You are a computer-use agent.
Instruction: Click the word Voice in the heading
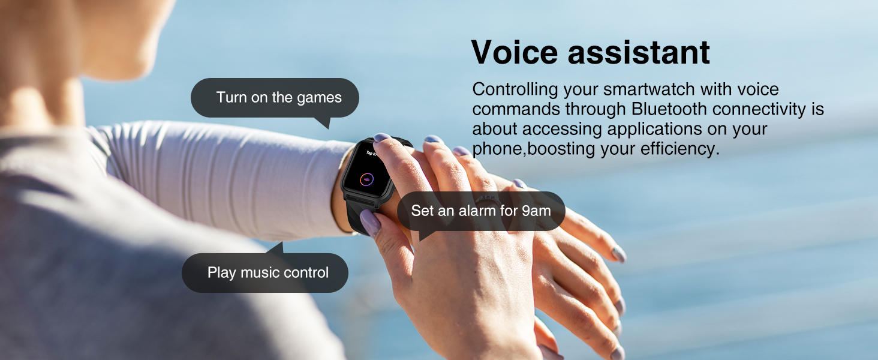coord(515,52)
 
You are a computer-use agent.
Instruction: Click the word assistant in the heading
coord(639,52)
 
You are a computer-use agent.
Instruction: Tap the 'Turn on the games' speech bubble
coord(275,98)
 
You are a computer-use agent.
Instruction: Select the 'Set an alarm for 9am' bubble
coord(480,211)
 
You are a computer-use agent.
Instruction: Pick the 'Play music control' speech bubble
coord(264,273)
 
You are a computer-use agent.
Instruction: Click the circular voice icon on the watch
coord(366,178)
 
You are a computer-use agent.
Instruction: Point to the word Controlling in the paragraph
coord(515,89)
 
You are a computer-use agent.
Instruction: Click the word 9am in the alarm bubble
coord(536,211)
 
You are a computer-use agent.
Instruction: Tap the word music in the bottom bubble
coord(260,273)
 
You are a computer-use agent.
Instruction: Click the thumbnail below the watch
coord(371,223)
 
